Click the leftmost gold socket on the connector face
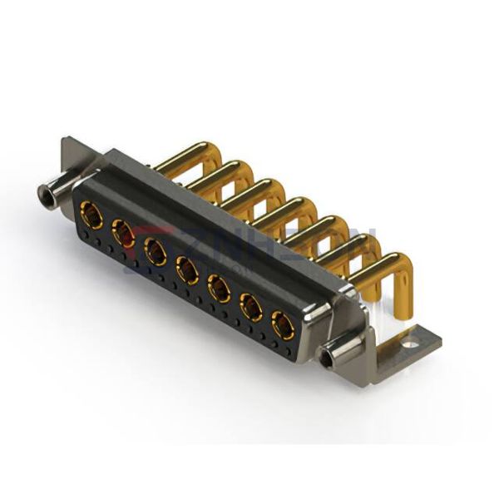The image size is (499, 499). pyautogui.click(x=94, y=218)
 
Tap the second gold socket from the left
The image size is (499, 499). pyautogui.click(x=123, y=233)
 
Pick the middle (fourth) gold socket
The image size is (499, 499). pyautogui.click(x=186, y=268)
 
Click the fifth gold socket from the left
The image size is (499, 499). pyautogui.click(x=218, y=287)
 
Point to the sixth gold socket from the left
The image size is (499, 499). pyautogui.click(x=250, y=307)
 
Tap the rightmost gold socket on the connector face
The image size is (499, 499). pyautogui.click(x=283, y=325)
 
